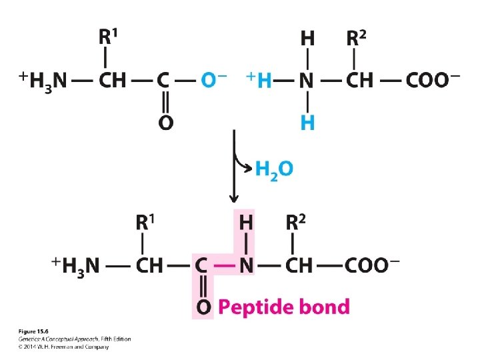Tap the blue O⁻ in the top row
pos(213,80)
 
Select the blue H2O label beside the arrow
pos(273,169)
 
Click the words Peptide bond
pos(283,307)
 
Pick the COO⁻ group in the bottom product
pos(371,265)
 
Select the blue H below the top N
pos(307,122)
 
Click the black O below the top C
pos(165,123)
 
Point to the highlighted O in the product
pos(203,307)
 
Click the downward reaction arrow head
pos(234,198)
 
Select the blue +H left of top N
pos(261,80)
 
